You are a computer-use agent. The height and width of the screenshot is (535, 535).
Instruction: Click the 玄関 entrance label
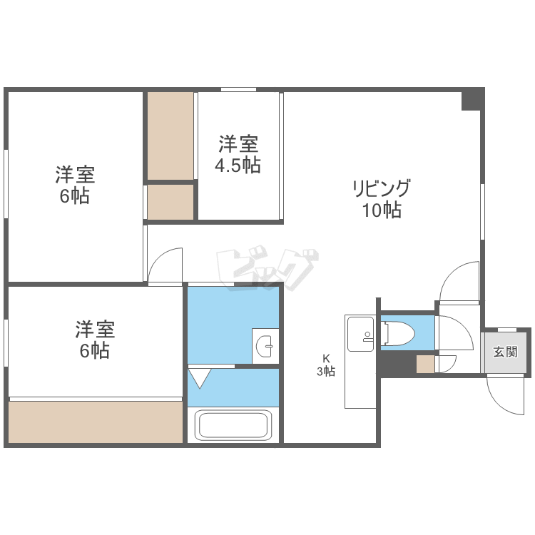pyautogui.click(x=505, y=352)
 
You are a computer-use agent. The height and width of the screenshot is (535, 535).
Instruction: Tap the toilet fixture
pyautogui.click(x=399, y=332)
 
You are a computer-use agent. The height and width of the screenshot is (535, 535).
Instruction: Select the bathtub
pyautogui.click(x=233, y=425)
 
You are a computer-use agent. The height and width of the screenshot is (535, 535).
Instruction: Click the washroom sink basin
pyautogui.click(x=265, y=346)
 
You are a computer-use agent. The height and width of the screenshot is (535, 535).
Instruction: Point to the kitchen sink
pyautogui.click(x=361, y=333)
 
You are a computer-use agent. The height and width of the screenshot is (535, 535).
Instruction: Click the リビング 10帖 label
pyautogui.click(x=382, y=198)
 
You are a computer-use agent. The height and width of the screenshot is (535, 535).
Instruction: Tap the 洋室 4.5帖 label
pyautogui.click(x=238, y=154)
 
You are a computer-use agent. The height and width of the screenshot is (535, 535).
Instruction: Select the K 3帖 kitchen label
pyautogui.click(x=326, y=365)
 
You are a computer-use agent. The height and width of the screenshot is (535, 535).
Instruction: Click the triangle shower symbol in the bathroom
pyautogui.click(x=200, y=377)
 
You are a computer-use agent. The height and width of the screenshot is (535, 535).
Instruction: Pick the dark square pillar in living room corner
pyautogui.click(x=473, y=99)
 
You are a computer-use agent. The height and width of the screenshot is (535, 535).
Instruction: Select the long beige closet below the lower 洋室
pyautogui.click(x=96, y=422)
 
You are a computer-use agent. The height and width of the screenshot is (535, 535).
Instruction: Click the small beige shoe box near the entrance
pyautogui.click(x=425, y=364)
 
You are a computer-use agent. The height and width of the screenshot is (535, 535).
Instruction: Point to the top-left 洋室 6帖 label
pyautogui.click(x=75, y=185)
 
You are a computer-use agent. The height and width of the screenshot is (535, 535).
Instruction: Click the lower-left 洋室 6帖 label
pyautogui.click(x=95, y=339)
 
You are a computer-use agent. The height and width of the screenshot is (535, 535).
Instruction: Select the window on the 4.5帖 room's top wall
pyautogui.click(x=238, y=89)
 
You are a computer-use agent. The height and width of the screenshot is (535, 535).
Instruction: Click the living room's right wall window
pyautogui.click(x=482, y=212)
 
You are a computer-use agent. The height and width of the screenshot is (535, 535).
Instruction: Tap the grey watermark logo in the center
pyautogui.click(x=267, y=267)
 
